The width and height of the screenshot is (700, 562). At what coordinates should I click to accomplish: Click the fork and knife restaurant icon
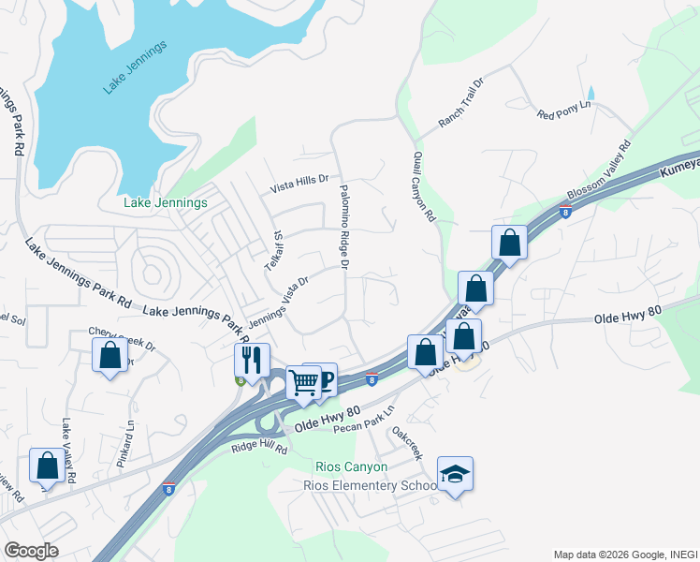[x=252, y=359]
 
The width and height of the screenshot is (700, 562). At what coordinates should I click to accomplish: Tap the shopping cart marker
[x=303, y=382]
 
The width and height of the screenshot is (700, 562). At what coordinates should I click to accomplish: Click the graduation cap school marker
[x=455, y=474]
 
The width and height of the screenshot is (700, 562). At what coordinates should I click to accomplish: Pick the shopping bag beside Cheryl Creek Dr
[x=110, y=355]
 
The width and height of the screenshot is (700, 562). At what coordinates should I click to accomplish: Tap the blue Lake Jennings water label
[x=135, y=67]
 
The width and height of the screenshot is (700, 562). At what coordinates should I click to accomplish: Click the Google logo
[x=31, y=551]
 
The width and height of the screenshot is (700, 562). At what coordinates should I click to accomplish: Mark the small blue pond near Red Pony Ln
[x=591, y=94]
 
